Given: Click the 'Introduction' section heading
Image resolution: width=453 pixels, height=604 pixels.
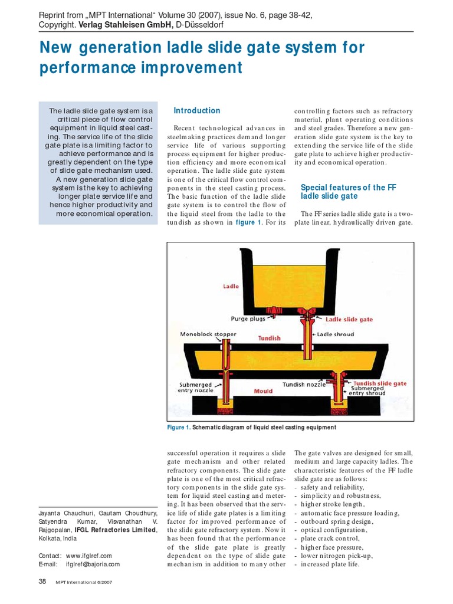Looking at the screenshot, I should coord(196,110).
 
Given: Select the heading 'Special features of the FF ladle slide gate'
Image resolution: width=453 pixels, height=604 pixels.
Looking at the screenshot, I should coord(347,192).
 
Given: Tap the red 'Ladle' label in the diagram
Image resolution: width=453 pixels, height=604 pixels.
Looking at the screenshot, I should coord(231,286).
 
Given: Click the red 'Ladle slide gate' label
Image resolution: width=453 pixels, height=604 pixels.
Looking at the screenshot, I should coord(349,319).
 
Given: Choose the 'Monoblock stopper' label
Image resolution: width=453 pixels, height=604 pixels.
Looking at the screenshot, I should coord(208,334).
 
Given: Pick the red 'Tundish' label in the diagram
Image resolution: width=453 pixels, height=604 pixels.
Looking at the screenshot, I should coord(269,339).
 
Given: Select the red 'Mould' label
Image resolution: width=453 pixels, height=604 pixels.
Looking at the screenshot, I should coord(264,390).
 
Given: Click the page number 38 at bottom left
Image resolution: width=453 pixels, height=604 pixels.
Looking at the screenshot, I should coord(42,581).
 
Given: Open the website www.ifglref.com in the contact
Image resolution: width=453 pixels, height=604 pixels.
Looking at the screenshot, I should coord(89,556).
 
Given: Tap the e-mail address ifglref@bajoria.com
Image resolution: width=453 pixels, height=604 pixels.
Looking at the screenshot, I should coord(93,564).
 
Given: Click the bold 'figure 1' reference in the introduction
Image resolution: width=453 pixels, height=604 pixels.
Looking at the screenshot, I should coord(248,222).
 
